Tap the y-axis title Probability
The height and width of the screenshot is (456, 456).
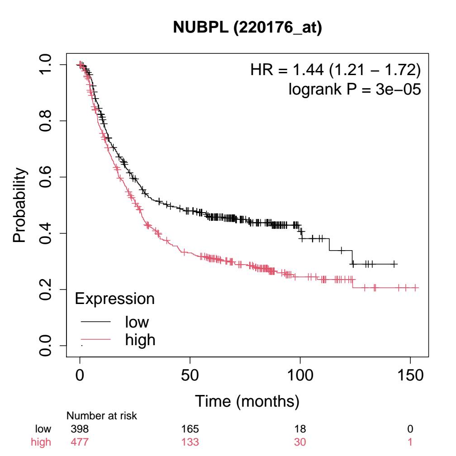pos(20,206)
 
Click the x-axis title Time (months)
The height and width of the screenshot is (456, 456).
pos(247,400)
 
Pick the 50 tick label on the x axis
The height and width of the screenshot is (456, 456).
pos(190,376)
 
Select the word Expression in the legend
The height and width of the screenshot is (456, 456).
pos(114,299)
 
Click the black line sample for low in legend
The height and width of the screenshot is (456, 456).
pos(96,322)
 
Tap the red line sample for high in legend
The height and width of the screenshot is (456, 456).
pos(96,339)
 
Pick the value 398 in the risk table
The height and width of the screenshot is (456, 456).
pos(80,428)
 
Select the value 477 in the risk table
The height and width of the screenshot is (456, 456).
pos(80,442)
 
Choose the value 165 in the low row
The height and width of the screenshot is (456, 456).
pos(190,428)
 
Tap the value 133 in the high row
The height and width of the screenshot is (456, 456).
pos(190,442)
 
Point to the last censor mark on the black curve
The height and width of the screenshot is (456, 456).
pos(394,264)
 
